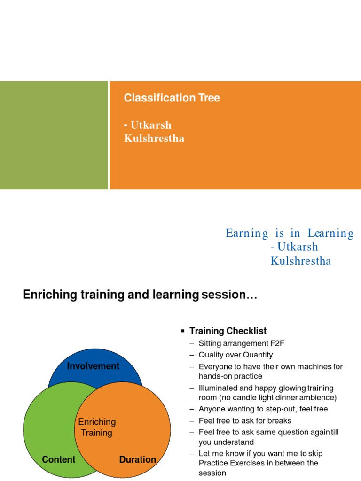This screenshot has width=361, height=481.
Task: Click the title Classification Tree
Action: pyautogui.click(x=172, y=98)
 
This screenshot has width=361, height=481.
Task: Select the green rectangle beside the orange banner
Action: pyautogui.click(x=54, y=135)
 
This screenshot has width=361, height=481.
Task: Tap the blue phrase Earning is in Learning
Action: pyautogui.click(x=290, y=233)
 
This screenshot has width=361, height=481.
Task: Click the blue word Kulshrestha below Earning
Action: pyautogui.click(x=301, y=261)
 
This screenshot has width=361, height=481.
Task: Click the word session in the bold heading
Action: pyautogui.click(x=229, y=295)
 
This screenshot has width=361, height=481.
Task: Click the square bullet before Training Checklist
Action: pyautogui.click(x=183, y=331)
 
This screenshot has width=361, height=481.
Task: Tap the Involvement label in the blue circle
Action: pyautogui.click(x=93, y=366)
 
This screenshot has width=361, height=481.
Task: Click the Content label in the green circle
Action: pyautogui.click(x=59, y=459)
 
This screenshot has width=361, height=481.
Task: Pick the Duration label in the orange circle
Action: pyautogui.click(x=138, y=459)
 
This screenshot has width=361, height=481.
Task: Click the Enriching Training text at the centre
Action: pyautogui.click(x=97, y=427)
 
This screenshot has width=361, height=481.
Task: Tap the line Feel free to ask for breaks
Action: pyautogui.click(x=245, y=421)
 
